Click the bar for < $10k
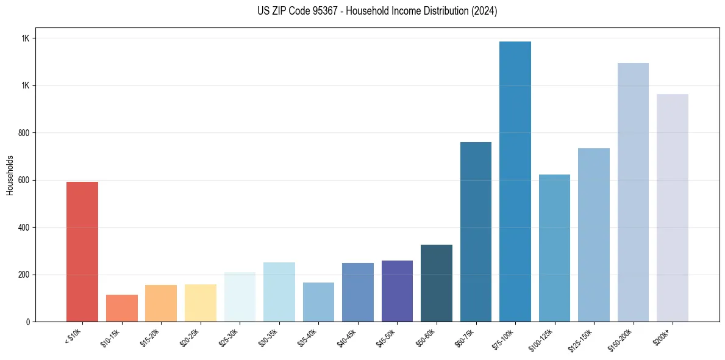pyautogui.click(x=82, y=251)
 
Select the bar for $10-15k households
pyautogui.click(x=121, y=308)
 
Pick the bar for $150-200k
pyautogui.click(x=633, y=192)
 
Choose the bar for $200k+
pyautogui.click(x=673, y=207)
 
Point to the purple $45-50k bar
pyautogui.click(x=397, y=291)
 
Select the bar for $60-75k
pyautogui.click(x=476, y=232)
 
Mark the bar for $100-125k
pyautogui.click(x=554, y=248)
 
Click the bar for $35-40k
pyautogui.click(x=318, y=302)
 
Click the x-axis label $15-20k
pyautogui.click(x=152, y=338)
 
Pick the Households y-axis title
pyautogui.click(x=10, y=175)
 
